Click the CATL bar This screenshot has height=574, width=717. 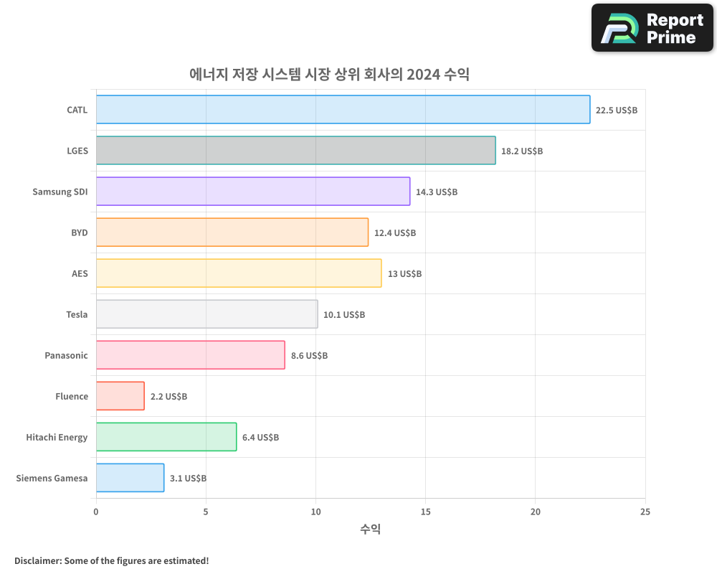(x=343, y=110)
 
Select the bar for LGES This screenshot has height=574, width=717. (x=295, y=151)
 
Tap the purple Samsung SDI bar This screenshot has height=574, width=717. (x=252, y=192)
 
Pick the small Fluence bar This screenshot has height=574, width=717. (x=120, y=396)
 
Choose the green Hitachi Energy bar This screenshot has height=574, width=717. (x=166, y=437)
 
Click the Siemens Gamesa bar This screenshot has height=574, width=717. (x=130, y=478)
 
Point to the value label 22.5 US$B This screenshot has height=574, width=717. (x=617, y=110)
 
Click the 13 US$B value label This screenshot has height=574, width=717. (x=404, y=274)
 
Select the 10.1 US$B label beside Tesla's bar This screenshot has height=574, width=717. (x=344, y=315)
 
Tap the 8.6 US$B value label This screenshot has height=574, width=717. (x=309, y=356)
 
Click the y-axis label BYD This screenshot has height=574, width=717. (x=79, y=232)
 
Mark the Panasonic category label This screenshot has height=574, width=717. (x=66, y=355)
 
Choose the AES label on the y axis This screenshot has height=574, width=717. (x=80, y=273)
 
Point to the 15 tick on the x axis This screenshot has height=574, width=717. (x=425, y=512)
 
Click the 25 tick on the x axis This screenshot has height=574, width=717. (x=645, y=512)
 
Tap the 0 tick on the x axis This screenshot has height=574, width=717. (x=96, y=512)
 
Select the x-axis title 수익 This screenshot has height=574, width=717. (x=370, y=529)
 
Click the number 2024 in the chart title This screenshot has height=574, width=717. (x=423, y=74)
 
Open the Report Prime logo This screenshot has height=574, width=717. (x=652, y=28)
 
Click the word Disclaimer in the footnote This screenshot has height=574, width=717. (x=37, y=560)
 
